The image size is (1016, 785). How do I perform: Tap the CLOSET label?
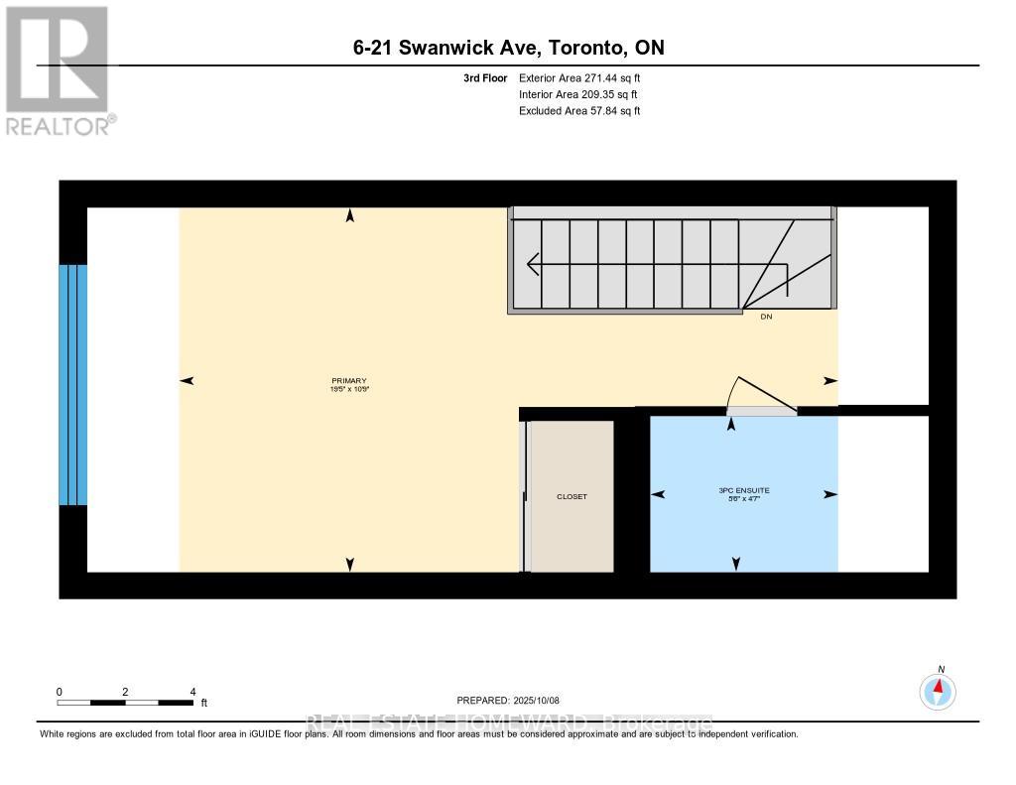[571, 496]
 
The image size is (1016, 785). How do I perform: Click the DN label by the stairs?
[766, 318]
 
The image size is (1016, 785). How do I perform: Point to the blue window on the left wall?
[72, 384]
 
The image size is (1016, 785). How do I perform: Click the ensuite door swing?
[762, 395]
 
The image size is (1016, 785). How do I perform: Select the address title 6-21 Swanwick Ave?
[507, 48]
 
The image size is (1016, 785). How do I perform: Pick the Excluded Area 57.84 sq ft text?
[579, 111]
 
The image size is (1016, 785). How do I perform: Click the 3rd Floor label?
[485, 77]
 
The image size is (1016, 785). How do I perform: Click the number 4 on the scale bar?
[192, 692]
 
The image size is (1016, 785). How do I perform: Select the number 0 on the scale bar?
[60, 692]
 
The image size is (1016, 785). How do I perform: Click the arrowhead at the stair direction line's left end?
[533, 264]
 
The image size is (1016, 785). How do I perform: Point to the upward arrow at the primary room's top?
[349, 215]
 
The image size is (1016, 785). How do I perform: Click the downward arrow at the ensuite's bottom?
[735, 564]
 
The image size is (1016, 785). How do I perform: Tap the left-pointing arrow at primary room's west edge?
[187, 381]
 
